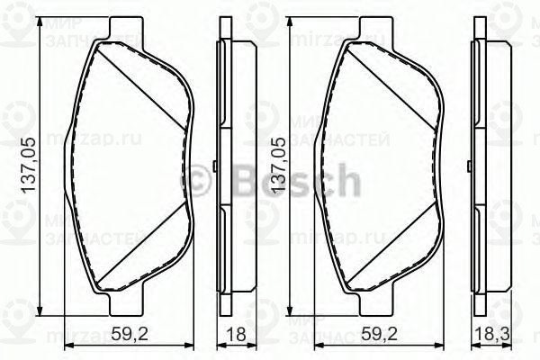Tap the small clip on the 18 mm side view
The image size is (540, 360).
pos(216,166)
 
